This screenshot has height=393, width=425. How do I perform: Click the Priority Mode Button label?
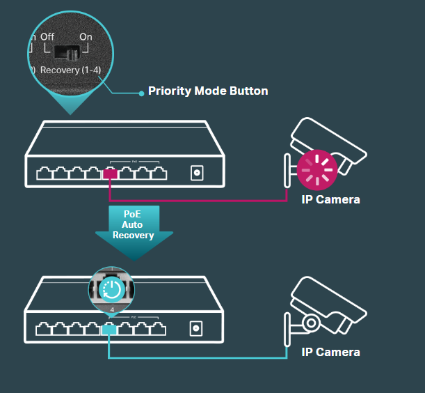[208, 91]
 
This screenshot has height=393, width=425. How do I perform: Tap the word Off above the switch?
[47, 36]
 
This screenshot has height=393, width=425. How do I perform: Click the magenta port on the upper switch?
[110, 173]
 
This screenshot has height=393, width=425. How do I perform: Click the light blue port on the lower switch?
[110, 328]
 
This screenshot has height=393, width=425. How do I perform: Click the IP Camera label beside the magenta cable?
[330, 200]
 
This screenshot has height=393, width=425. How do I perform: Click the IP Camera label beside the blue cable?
[330, 352]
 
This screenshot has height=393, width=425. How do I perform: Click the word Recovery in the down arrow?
[133, 236]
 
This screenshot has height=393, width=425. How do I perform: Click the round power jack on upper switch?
[197, 173]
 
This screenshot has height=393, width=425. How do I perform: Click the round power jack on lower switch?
[197, 327]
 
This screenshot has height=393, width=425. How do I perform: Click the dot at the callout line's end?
[141, 92]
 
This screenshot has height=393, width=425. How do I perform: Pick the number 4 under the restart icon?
[111, 309]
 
